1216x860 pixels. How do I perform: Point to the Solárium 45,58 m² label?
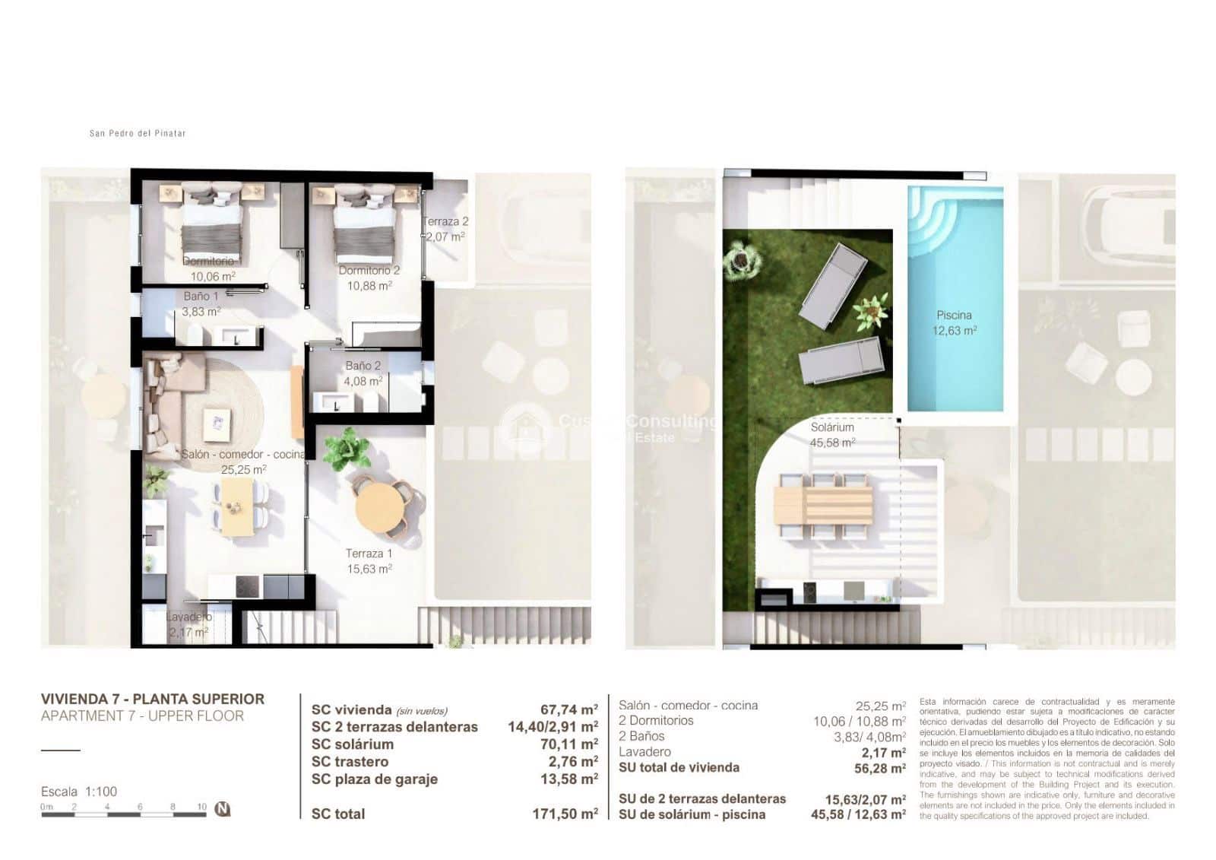point(832,435)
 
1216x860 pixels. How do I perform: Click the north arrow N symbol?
point(223,809)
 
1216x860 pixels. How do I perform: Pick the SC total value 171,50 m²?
point(565,814)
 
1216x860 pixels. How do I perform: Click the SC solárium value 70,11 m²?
point(568,744)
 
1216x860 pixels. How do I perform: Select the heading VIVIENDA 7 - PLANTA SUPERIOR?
point(152,699)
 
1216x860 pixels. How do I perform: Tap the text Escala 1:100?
point(79,792)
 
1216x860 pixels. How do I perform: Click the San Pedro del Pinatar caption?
point(138,133)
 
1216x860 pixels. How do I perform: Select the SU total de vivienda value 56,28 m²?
point(879,769)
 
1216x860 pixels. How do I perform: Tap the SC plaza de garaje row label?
point(374,779)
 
